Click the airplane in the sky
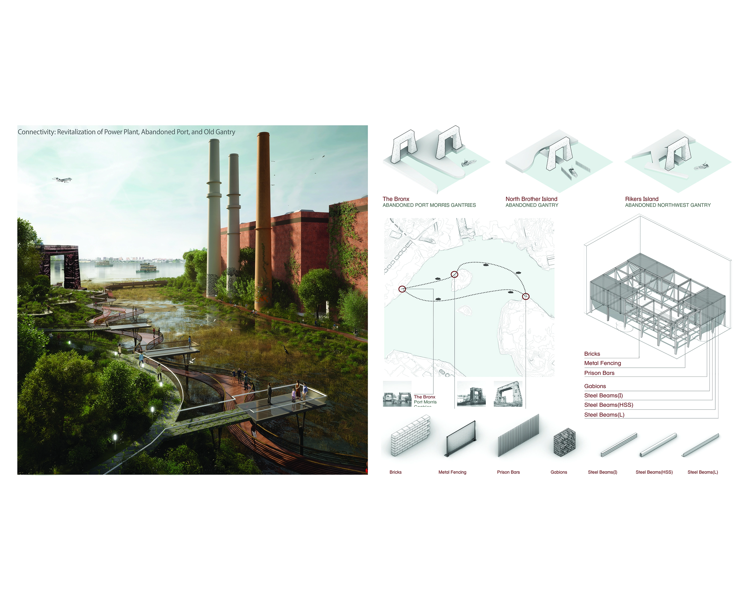point(62,179)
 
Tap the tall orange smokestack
point(263,222)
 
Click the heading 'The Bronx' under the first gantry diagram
point(396,199)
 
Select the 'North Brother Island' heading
point(531,199)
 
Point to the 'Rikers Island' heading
point(641,199)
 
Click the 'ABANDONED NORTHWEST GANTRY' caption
point(667,205)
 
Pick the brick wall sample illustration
point(410,436)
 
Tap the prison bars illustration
point(518,436)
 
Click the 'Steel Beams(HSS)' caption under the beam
point(654,472)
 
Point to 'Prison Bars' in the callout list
point(599,373)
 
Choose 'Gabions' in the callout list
point(595,386)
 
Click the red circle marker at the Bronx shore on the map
point(402,289)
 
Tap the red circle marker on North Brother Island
point(454,274)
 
